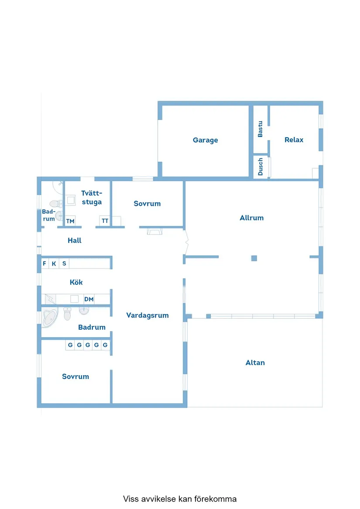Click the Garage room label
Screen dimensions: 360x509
click(206, 140)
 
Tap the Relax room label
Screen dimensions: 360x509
click(294, 140)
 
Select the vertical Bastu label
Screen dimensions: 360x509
click(260, 129)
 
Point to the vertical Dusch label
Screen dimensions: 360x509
click(260, 167)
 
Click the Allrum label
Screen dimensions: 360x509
click(251, 218)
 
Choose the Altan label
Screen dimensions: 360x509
click(255, 362)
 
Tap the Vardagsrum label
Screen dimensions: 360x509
click(147, 315)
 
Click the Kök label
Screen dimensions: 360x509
click(76, 282)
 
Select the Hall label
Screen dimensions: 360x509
click(75, 240)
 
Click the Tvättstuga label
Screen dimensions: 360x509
click(92, 198)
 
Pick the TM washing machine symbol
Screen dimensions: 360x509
click(71, 221)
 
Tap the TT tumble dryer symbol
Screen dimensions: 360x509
click(105, 221)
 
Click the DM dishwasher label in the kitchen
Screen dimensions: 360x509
click(89, 299)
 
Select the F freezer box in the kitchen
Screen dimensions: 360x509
click(45, 263)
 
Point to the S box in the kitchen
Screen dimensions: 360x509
click(64, 263)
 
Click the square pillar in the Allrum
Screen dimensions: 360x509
click(254, 258)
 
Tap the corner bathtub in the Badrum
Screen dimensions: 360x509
click(50, 318)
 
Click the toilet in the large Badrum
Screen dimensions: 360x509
click(67, 314)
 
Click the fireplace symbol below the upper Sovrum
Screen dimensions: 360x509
click(154, 231)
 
